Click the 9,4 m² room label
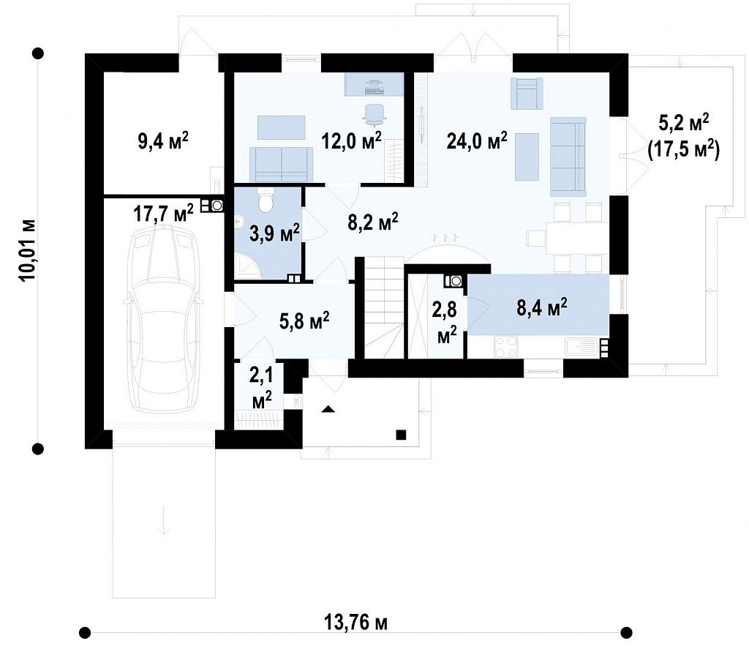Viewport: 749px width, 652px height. [x=163, y=141]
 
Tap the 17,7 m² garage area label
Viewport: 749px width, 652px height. [x=163, y=213]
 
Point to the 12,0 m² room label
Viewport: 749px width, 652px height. [x=352, y=140]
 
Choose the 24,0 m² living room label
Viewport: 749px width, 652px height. [x=477, y=140]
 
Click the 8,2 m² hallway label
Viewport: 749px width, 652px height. [x=372, y=222]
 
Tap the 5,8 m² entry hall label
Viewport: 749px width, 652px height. [x=304, y=320]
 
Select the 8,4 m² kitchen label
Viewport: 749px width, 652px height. [x=542, y=307]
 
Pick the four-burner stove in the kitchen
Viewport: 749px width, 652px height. [x=506, y=347]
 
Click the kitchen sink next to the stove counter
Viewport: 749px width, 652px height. [x=580, y=346]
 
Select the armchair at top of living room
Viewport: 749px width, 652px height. [x=527, y=93]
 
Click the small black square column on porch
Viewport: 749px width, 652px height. [x=401, y=435]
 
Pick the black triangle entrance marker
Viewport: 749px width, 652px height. [x=327, y=409]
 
